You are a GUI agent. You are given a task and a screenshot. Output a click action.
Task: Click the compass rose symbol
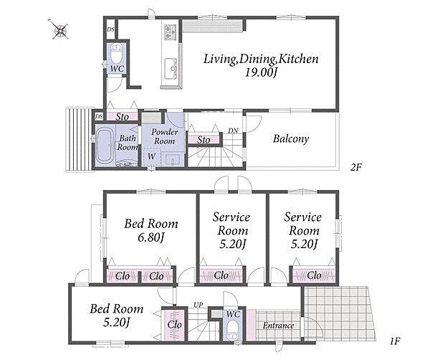pos(59,29)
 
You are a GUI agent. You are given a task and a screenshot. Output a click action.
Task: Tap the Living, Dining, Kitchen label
pos(261,60)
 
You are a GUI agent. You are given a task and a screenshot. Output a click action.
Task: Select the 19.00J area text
pos(261,72)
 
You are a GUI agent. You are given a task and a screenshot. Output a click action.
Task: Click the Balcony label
pos(291,139)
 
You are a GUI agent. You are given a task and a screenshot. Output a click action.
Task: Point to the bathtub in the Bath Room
pos(105,146)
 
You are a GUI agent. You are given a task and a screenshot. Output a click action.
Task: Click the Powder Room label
pos(165,136)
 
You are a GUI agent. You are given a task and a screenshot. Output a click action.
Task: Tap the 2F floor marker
pos(356,167)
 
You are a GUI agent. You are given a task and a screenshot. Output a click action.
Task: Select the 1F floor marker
pos(395,341)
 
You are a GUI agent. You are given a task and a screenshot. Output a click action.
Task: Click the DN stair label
pos(233,131)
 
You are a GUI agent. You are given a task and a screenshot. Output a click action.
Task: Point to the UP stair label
pos(199,305)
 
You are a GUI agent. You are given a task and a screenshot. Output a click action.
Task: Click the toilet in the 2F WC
pos(117,54)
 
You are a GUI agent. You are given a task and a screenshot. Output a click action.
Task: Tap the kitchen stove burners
pos(170,32)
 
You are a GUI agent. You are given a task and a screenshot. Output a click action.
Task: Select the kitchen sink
pos(171,69)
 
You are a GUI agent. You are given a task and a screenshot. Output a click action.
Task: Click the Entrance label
pos(278,326)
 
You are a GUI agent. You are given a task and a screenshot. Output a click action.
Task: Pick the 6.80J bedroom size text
pos(150,237)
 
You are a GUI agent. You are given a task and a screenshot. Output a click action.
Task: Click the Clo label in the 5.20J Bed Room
pos(174,325)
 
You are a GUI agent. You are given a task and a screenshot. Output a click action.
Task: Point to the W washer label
pos(151,156)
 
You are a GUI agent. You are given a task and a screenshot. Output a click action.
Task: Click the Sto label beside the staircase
pos(204,140)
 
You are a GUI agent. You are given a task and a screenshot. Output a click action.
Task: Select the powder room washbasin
pos(172,159)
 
